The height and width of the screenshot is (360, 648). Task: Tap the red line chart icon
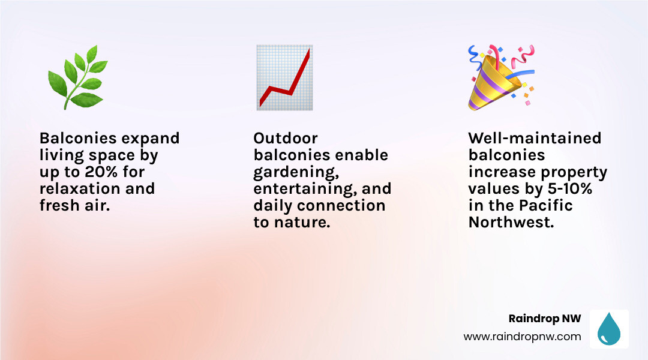(x=284, y=77)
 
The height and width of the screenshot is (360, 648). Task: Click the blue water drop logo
(x=609, y=329)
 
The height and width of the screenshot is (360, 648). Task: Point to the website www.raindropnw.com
(x=522, y=337)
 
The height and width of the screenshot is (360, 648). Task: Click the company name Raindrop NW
(x=545, y=319)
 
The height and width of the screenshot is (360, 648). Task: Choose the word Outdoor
(x=286, y=138)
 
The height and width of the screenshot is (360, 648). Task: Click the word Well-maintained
(x=535, y=138)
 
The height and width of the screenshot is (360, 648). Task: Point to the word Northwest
(x=511, y=222)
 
